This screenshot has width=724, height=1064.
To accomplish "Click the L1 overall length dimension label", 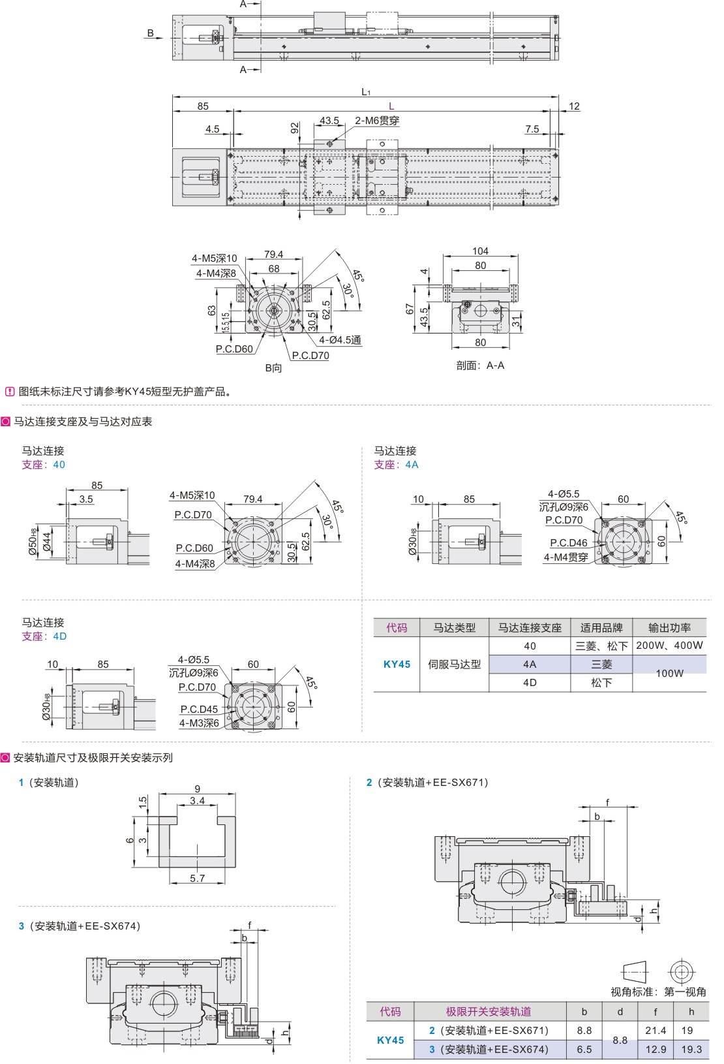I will [366, 92].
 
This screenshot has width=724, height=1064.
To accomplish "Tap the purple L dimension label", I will [391, 106].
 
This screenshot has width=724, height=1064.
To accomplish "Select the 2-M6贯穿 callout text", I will [377, 121].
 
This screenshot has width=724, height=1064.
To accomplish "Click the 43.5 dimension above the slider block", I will [329, 121].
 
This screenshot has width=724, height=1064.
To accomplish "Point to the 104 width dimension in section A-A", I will [480, 251].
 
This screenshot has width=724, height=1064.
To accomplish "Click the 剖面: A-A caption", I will [480, 366].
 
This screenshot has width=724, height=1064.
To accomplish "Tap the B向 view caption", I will [273, 368].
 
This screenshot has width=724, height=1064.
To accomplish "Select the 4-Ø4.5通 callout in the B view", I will [340, 340].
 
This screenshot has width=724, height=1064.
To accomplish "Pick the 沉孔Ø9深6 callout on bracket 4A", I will [564, 507].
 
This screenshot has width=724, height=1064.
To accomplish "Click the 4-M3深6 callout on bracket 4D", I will [199, 723].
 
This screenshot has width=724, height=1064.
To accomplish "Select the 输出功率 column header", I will [669, 628].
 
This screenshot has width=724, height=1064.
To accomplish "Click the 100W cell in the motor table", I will [669, 674].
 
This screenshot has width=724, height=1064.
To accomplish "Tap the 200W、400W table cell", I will [669, 646].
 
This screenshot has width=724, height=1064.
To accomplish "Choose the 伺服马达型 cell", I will [454, 665].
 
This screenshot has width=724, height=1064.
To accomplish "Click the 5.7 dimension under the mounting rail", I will [197, 879].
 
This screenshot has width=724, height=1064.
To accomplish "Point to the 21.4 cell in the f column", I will [656, 1031].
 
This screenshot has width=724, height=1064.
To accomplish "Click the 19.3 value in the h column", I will [691, 1050].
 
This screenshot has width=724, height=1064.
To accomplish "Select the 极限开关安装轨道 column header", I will [489, 1012].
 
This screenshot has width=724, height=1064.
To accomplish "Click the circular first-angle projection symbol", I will [682, 972].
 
